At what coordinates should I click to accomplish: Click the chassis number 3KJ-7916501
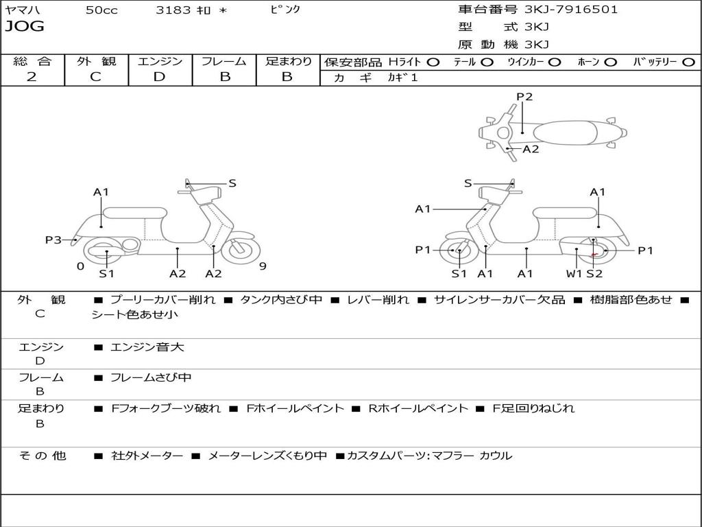coord(570,10)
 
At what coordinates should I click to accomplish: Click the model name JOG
coord(25,27)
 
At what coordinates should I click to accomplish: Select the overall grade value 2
coord(32,77)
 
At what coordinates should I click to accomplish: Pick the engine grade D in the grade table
coord(159,77)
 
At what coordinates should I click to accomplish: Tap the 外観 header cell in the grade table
coord(96,62)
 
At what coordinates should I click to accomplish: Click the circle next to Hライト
coord(433,62)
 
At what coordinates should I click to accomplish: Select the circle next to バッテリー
coord(688,62)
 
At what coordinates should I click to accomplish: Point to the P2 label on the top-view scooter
coord(524,97)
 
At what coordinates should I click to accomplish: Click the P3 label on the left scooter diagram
coord(53,239)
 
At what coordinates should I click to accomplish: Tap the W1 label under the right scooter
coord(574,274)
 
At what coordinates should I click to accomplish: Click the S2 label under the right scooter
coord(594,274)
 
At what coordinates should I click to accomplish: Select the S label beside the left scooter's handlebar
coord(232,183)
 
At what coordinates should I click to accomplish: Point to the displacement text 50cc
coord(101,10)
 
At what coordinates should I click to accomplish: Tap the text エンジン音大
coord(147,347)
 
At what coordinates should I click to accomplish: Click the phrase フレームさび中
coord(151,377)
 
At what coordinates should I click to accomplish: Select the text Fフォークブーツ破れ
coord(166,408)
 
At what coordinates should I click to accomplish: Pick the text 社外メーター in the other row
coord(147,456)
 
